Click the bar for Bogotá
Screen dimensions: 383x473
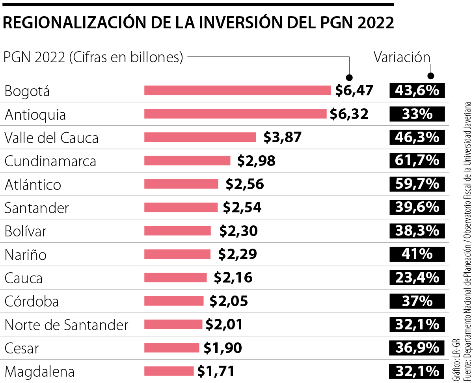coord(237,91)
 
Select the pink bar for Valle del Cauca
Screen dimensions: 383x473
coord(200,137)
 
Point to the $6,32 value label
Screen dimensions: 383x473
coord(349,114)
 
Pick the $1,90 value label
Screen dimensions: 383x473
coord(222,348)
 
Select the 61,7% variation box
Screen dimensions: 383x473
coord(417,161)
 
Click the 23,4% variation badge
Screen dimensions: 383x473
coord(417,277)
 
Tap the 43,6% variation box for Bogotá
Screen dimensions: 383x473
coord(417,91)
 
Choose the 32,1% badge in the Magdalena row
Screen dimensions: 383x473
coord(417,371)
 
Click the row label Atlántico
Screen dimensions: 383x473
coord(33,184)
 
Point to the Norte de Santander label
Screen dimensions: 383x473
coord(66,325)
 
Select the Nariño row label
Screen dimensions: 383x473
coord(26,255)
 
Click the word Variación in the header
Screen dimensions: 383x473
coord(402,58)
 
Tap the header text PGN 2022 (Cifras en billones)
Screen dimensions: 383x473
coord(93,58)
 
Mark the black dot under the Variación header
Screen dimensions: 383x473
coord(431,77)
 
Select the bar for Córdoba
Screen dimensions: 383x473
coord(174,301)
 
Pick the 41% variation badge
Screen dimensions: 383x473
coord(417,255)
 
